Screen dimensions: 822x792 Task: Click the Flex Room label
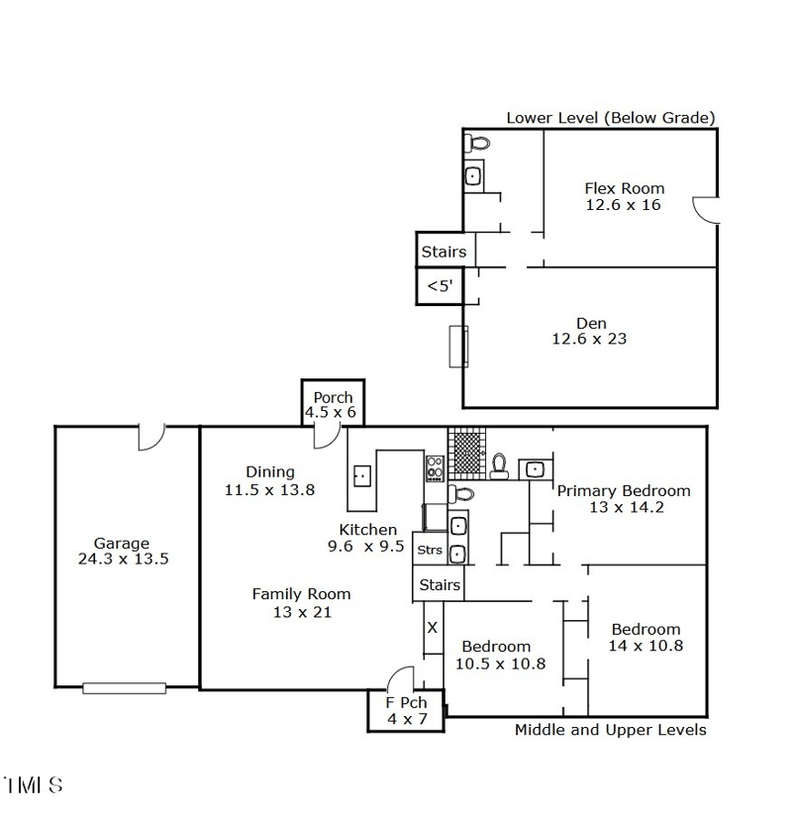pos(624,188)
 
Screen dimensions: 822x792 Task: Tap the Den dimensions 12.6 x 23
pos(589,340)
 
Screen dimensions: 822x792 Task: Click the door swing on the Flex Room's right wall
pos(704,209)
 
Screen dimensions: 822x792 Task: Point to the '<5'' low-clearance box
pos(440,286)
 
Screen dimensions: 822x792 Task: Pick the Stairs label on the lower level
pos(444,252)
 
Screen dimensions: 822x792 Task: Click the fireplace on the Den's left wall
pos(458,346)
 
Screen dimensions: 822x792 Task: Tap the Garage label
pos(122,543)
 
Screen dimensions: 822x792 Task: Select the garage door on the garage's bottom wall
pos(124,687)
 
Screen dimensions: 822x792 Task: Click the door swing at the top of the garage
pos(150,437)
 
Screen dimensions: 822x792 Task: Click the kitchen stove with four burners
pos(435,465)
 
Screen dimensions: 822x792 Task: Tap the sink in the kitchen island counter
pos(362,476)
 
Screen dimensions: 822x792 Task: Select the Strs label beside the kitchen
pos(430,550)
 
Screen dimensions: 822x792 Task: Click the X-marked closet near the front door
pos(432,627)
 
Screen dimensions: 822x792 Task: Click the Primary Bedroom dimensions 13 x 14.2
pos(624,508)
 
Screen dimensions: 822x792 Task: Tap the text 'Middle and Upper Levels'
pos(610,730)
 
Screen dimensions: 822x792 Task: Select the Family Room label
pos(301,594)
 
